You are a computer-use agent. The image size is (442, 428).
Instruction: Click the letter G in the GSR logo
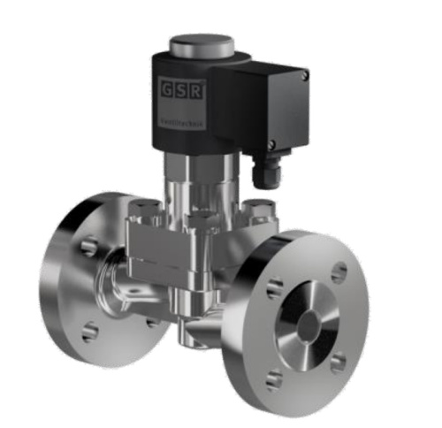click(x=168, y=88)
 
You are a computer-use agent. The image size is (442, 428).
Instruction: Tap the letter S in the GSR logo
click(x=180, y=88)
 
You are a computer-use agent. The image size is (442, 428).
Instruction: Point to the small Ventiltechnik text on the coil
click(x=180, y=124)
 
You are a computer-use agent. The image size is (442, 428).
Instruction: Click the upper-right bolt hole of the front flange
click(x=339, y=271)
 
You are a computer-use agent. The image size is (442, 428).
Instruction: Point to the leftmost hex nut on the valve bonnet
click(x=141, y=212)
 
